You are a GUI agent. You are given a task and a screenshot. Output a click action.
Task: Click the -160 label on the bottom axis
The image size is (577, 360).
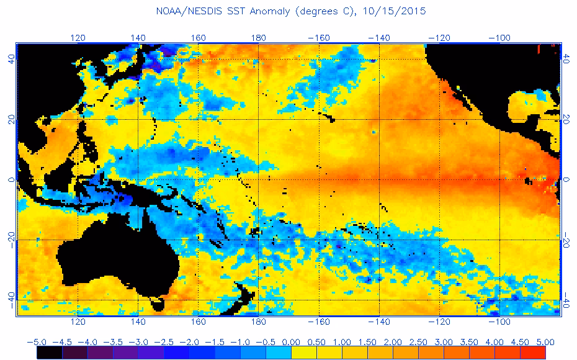point(318,322)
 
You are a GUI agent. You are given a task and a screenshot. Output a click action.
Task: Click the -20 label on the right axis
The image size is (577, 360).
point(566,240)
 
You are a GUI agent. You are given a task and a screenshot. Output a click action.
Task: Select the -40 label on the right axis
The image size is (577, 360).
point(566,300)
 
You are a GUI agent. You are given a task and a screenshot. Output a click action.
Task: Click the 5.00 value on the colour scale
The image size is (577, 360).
point(545,341)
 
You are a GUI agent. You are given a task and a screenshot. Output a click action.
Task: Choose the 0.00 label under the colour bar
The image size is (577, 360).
point(291,341)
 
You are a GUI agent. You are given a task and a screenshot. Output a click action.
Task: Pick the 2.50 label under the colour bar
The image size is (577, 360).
point(418,341)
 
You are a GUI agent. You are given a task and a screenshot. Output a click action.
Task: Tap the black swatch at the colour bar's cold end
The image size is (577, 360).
point(49,353)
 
